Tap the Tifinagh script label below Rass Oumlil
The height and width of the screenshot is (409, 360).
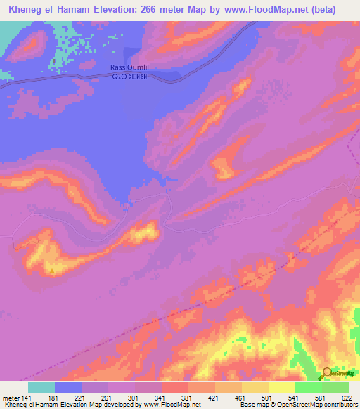coord(130,76)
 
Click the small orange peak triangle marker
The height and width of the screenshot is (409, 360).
coord(51,268)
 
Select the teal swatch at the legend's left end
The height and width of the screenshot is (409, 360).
coord(41,387)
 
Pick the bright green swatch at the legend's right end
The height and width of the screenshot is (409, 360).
coord(335,387)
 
